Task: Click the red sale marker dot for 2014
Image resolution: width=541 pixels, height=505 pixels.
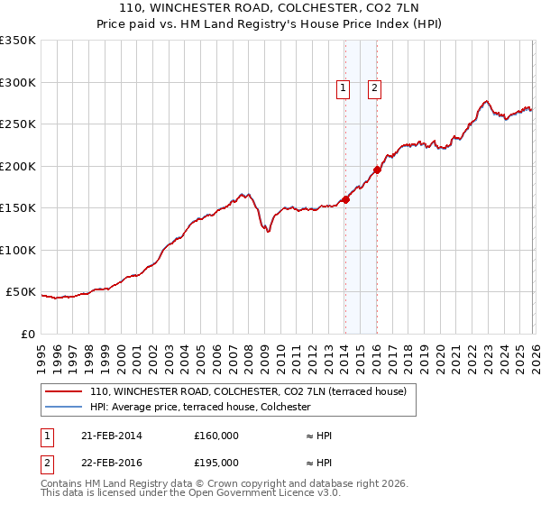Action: (x=345, y=200)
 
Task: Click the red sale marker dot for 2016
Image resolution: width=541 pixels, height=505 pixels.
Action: (x=377, y=170)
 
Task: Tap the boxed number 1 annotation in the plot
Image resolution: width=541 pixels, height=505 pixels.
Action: (x=344, y=88)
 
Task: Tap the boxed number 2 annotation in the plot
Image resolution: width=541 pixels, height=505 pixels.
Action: (x=374, y=88)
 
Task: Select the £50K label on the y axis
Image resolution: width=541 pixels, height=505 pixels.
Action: (x=21, y=292)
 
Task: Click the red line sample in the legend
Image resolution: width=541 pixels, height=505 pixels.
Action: (x=63, y=391)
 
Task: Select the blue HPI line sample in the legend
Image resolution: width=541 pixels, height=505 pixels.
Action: (x=63, y=408)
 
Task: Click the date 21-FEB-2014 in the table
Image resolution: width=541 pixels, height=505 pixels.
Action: (x=111, y=436)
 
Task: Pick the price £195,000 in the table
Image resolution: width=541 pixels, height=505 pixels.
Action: (x=216, y=463)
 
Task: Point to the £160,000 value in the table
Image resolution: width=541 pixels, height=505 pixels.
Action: (x=216, y=436)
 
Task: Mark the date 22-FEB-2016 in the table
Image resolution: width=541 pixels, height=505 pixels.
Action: (x=111, y=463)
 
